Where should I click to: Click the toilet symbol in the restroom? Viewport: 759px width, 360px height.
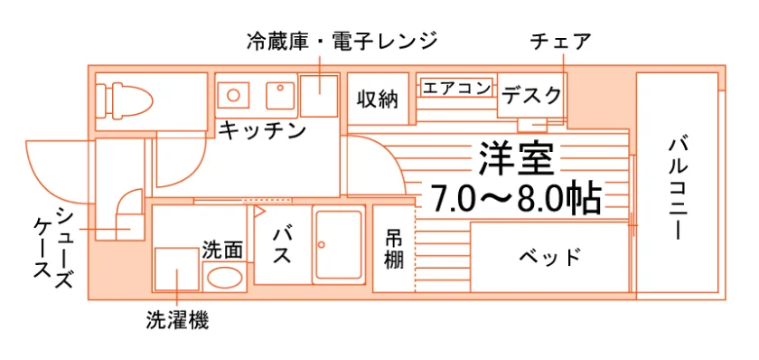tap(124, 100)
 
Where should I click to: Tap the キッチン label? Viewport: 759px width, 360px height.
tap(263, 130)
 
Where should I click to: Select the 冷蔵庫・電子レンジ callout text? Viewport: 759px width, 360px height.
tap(342, 42)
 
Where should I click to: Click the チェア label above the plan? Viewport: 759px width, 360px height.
tap(561, 42)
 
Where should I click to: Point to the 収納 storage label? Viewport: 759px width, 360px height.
tap(378, 99)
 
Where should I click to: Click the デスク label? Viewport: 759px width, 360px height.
tap(531, 96)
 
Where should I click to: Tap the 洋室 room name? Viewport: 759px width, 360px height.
tap(517, 157)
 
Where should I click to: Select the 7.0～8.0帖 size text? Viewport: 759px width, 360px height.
tap(516, 198)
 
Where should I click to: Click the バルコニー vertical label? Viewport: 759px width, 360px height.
tap(679, 189)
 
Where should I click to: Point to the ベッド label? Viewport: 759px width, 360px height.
tap(550, 256)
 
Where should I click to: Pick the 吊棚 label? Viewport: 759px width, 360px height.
tap(394, 249)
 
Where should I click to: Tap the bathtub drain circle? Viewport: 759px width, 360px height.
tap(321, 245)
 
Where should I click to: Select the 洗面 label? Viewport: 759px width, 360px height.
tap(222, 250)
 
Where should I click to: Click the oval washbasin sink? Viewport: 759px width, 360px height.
tap(225, 278)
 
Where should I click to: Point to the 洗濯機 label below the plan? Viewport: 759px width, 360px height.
tap(178, 320)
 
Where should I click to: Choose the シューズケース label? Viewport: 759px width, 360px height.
tap(53, 248)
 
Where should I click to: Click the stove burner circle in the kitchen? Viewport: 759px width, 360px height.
tap(233, 94)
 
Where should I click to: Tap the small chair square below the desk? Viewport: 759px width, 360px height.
tap(532, 125)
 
